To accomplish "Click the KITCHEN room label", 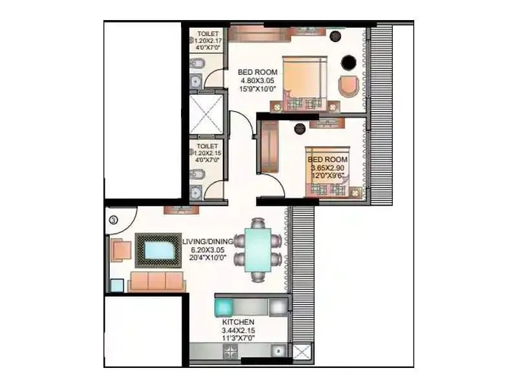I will click(x=238, y=321).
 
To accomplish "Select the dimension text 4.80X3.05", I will click(x=257, y=80).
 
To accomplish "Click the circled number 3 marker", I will click(x=113, y=220).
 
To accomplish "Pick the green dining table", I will click(x=258, y=250).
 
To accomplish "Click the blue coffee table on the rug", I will click(x=158, y=250).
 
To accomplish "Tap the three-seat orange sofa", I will click(x=156, y=281).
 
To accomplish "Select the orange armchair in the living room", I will click(x=120, y=250).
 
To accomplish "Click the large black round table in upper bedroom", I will click(x=348, y=63).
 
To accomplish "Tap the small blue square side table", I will click(x=116, y=286).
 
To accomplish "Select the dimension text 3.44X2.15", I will click(x=238, y=330).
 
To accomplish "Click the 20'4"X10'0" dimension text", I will click(x=207, y=258).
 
